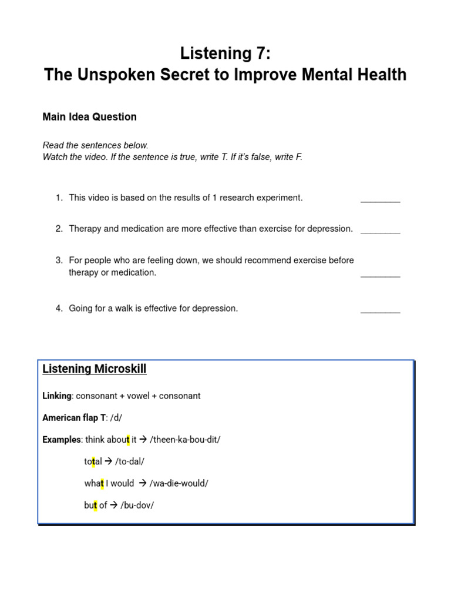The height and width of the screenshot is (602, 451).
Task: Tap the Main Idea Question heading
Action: pyautogui.click(x=89, y=116)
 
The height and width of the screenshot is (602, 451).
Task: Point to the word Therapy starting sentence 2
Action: pyautogui.click(x=85, y=229)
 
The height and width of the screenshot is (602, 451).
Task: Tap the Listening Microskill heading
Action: pyautogui.click(x=94, y=369)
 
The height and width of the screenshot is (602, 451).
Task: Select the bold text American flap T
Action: pyautogui.click(x=74, y=417)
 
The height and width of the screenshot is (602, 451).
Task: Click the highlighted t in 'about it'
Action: pyautogui.click(x=127, y=440)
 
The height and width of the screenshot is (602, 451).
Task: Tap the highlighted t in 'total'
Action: pyautogui.click(x=93, y=461)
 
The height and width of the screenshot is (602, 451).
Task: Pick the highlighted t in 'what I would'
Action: pyautogui.click(x=102, y=483)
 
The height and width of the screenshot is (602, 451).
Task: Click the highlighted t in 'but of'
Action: pyautogui.click(x=95, y=505)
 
